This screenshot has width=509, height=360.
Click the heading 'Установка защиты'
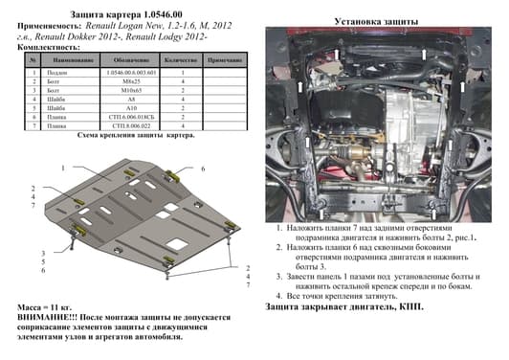pyautogui.click(x=374, y=20)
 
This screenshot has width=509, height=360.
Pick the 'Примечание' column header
pyautogui.click(x=225, y=59)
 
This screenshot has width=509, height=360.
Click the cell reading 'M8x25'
pyautogui.click(x=128, y=84)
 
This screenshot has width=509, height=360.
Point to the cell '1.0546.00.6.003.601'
pyautogui.click(x=128, y=74)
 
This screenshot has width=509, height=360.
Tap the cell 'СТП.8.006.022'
pyautogui.click(x=128, y=125)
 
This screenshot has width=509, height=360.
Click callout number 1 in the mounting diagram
pyautogui.click(x=65, y=168)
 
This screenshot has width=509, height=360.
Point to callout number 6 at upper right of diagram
pyautogui.click(x=203, y=169)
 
